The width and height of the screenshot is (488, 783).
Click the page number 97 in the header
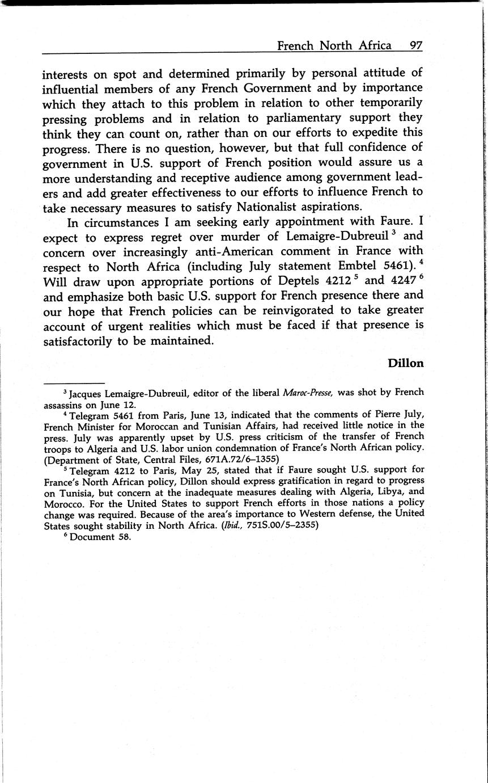pos(416,45)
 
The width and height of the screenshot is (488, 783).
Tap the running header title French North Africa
pos(334,45)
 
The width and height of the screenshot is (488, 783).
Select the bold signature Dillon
pos(406,363)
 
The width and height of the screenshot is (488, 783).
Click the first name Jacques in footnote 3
pos(85,393)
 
